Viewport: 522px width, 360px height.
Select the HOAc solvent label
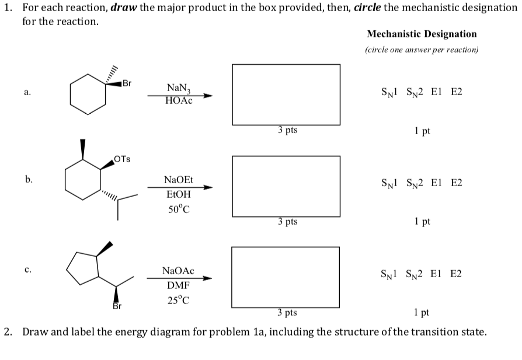[178, 100]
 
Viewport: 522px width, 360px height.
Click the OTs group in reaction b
[123, 159]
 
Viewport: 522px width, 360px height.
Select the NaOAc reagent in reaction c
[178, 271]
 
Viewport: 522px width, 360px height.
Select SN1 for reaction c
[390, 274]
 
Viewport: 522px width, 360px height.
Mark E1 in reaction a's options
[437, 92]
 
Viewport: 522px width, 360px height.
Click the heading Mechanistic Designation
[422, 34]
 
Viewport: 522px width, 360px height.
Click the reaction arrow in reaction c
[178, 278]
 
